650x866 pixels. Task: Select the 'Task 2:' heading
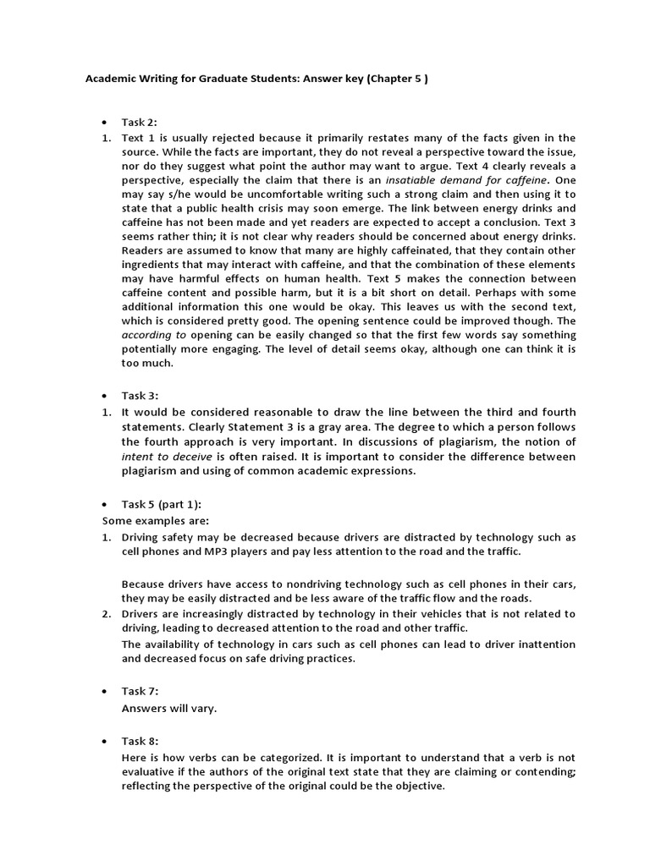pyautogui.click(x=140, y=122)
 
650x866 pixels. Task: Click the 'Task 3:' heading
pyautogui.click(x=140, y=395)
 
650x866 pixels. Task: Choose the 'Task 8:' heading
pyautogui.click(x=140, y=740)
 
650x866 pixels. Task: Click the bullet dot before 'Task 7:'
pyautogui.click(x=106, y=691)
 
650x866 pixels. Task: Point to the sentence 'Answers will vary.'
pyautogui.click(x=169, y=709)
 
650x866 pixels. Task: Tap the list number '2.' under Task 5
pyautogui.click(x=107, y=613)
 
